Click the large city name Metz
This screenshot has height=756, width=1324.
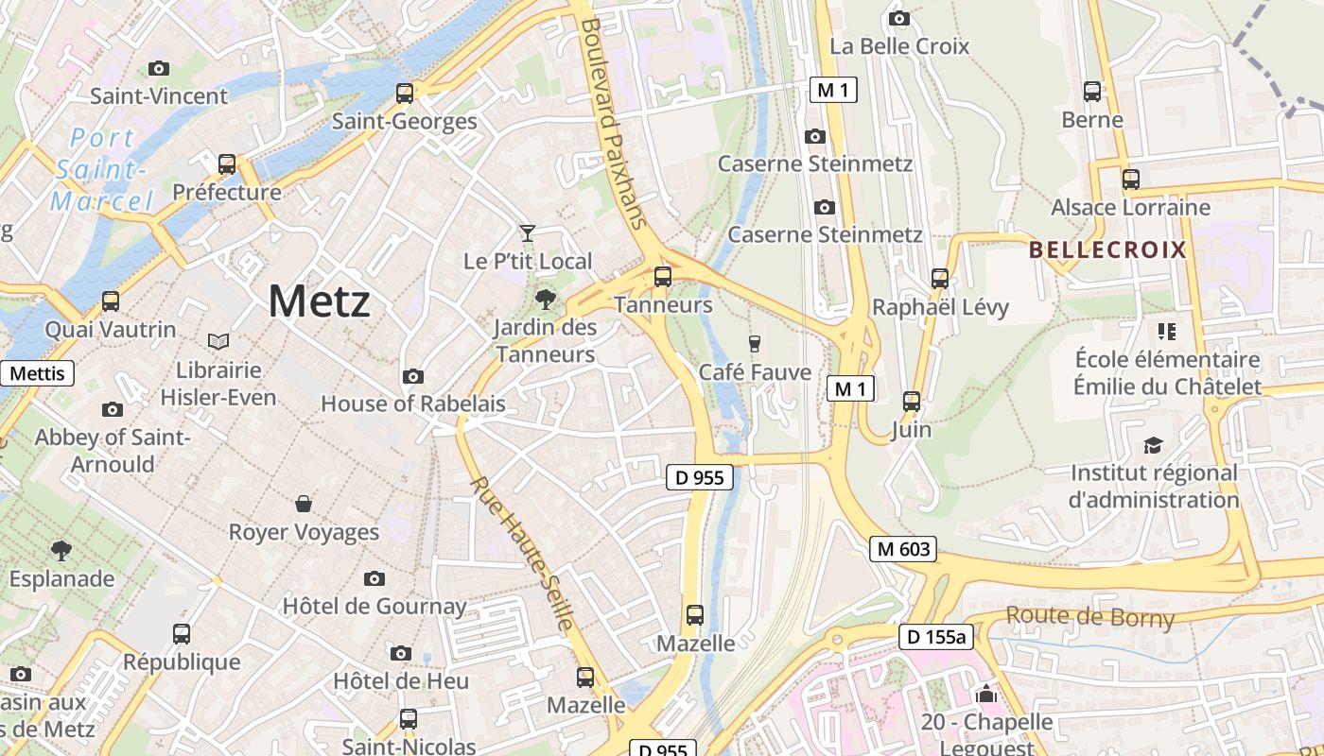click(319, 301)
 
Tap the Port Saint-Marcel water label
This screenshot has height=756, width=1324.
click(102, 169)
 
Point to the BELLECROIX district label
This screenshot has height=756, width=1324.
click(1106, 249)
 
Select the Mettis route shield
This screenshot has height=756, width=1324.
click(38, 373)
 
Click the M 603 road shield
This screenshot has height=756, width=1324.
click(903, 548)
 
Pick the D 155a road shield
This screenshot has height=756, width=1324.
click(935, 637)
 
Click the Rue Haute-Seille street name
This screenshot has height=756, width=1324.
click(523, 553)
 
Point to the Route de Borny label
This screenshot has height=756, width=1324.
click(1089, 617)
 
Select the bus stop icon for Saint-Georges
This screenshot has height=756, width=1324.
click(405, 93)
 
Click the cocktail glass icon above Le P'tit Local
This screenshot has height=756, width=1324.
click(528, 232)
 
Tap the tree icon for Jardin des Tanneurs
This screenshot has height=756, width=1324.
click(545, 301)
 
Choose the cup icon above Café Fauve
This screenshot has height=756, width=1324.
click(754, 343)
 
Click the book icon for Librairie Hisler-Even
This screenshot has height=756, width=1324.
click(218, 340)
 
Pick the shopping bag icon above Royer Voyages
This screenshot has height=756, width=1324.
click(304, 504)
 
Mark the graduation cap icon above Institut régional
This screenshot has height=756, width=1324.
click(1153, 444)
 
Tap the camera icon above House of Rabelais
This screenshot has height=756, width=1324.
click(412, 376)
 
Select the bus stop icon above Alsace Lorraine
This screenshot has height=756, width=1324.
click(1130, 179)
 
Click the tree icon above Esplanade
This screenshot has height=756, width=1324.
click(61, 550)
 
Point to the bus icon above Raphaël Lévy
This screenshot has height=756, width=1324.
click(939, 278)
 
